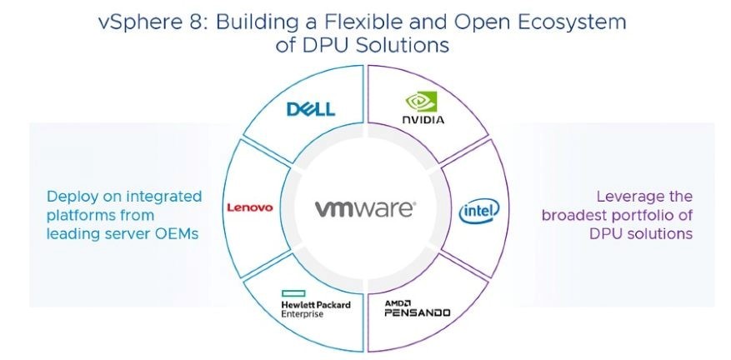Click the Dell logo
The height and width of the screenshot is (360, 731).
310,109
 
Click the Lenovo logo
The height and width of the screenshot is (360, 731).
249,207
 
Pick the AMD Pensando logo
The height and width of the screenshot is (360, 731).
417,309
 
